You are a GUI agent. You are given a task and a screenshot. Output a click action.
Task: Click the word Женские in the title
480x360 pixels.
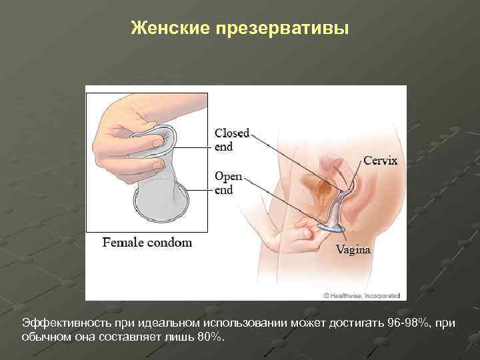[169, 28]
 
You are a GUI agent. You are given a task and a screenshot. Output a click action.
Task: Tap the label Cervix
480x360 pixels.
[380, 161]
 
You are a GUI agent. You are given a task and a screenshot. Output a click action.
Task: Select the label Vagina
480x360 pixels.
[353, 250]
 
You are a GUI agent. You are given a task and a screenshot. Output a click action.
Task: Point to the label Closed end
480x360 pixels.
[231, 139]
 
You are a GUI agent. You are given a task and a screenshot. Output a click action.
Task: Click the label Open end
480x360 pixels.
[228, 183]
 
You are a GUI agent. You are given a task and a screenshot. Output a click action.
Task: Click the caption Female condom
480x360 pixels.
[147, 243]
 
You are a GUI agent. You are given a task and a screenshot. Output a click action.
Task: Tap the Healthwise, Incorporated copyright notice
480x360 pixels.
[361, 295]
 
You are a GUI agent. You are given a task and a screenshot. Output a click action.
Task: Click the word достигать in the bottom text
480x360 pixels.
[351, 323]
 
